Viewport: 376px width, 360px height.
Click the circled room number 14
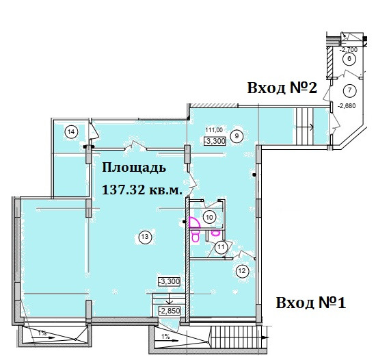tap(72, 132)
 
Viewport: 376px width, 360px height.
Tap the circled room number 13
tap(145, 237)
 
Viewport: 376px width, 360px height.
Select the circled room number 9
tap(237, 136)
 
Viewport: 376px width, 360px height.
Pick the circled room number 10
tap(209, 218)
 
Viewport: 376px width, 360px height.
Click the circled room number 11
tap(221, 247)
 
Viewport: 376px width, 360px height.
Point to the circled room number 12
tap(243, 271)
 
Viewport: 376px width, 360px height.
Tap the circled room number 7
tap(349, 90)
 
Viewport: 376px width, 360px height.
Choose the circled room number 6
tap(349, 59)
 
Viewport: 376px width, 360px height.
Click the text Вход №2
tap(282, 88)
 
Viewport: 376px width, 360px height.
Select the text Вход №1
tap(311, 303)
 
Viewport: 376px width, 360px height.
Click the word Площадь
tap(134, 168)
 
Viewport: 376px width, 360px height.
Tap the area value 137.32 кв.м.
tap(142, 190)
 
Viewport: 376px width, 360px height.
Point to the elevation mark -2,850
tap(170, 311)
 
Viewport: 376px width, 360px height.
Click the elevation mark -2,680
tap(347, 105)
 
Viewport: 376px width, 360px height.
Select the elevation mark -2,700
tap(349, 50)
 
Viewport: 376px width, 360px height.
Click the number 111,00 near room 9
tap(214, 130)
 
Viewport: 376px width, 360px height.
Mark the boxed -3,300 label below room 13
tap(170, 281)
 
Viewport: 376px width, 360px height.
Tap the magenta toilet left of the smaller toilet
tap(196, 236)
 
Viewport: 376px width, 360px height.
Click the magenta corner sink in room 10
tap(194, 222)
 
